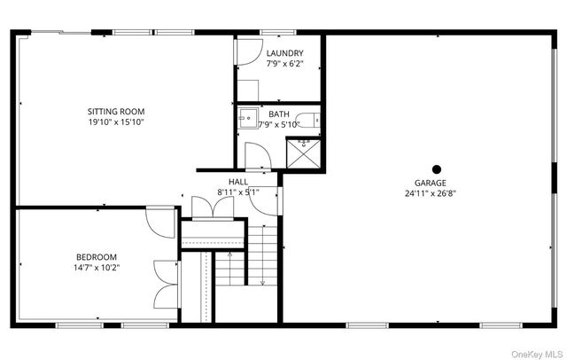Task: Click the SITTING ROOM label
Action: click(x=115, y=111)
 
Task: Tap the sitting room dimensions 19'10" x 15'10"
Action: click(x=115, y=122)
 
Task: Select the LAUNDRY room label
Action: click(x=284, y=53)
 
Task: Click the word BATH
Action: click(x=278, y=113)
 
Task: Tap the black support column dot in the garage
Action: click(x=436, y=168)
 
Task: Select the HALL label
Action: click(x=238, y=181)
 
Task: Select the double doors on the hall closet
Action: click(x=213, y=206)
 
